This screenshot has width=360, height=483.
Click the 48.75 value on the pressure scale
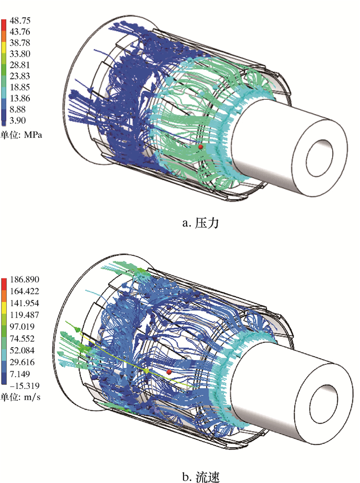[x=20, y=21]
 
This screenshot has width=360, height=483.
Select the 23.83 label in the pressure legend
[x=20, y=76]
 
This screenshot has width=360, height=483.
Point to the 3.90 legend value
[x=17, y=120]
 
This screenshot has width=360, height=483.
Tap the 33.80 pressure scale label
[x=20, y=54]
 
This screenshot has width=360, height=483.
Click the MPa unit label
[x=32, y=135]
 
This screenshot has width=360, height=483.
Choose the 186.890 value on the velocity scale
[x=25, y=280]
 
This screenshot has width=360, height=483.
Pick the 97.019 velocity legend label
[x=22, y=326]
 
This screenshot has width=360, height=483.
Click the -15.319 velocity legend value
[x=25, y=386]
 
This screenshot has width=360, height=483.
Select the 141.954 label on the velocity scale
[x=25, y=303]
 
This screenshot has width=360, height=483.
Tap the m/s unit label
[x=32, y=397]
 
